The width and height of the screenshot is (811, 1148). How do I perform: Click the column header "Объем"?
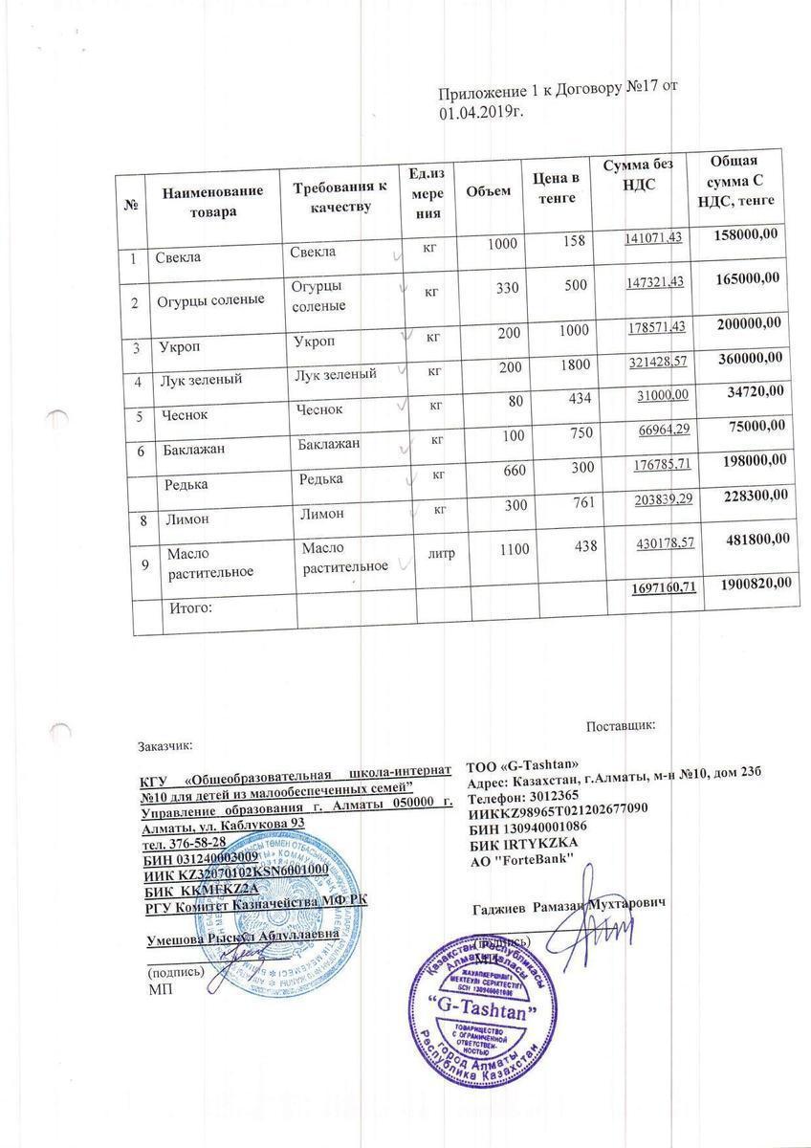(488, 191)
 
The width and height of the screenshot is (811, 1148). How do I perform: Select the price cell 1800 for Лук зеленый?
(573, 365)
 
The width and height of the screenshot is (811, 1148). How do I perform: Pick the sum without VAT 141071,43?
(654, 237)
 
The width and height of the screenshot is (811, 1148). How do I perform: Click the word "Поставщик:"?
(620, 726)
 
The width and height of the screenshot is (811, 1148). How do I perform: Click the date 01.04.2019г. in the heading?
(483, 113)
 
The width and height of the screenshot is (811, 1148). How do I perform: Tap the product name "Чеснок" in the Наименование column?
(186, 415)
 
